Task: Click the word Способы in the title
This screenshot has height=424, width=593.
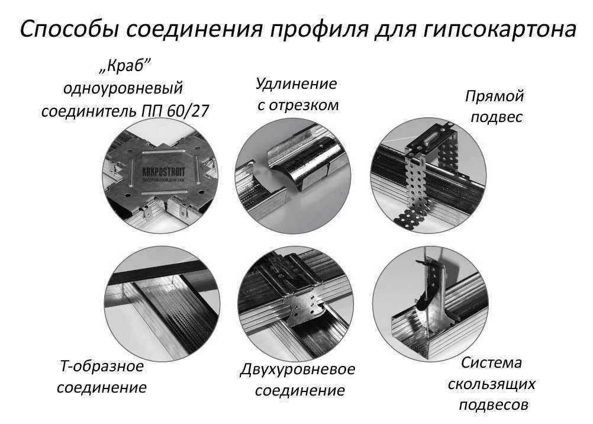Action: [x=69, y=29]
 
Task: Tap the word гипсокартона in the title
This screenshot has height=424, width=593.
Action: [x=500, y=29]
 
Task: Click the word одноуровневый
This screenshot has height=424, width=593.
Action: [x=123, y=89]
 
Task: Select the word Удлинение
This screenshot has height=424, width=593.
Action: [x=296, y=83]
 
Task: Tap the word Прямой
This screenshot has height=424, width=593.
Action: [x=495, y=96]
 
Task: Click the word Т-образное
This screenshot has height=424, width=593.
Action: [x=102, y=366]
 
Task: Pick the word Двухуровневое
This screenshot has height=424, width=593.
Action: [x=298, y=369]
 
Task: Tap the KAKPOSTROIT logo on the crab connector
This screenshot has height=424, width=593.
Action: [x=163, y=173]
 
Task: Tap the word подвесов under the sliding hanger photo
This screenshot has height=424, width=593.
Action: [x=494, y=406]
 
